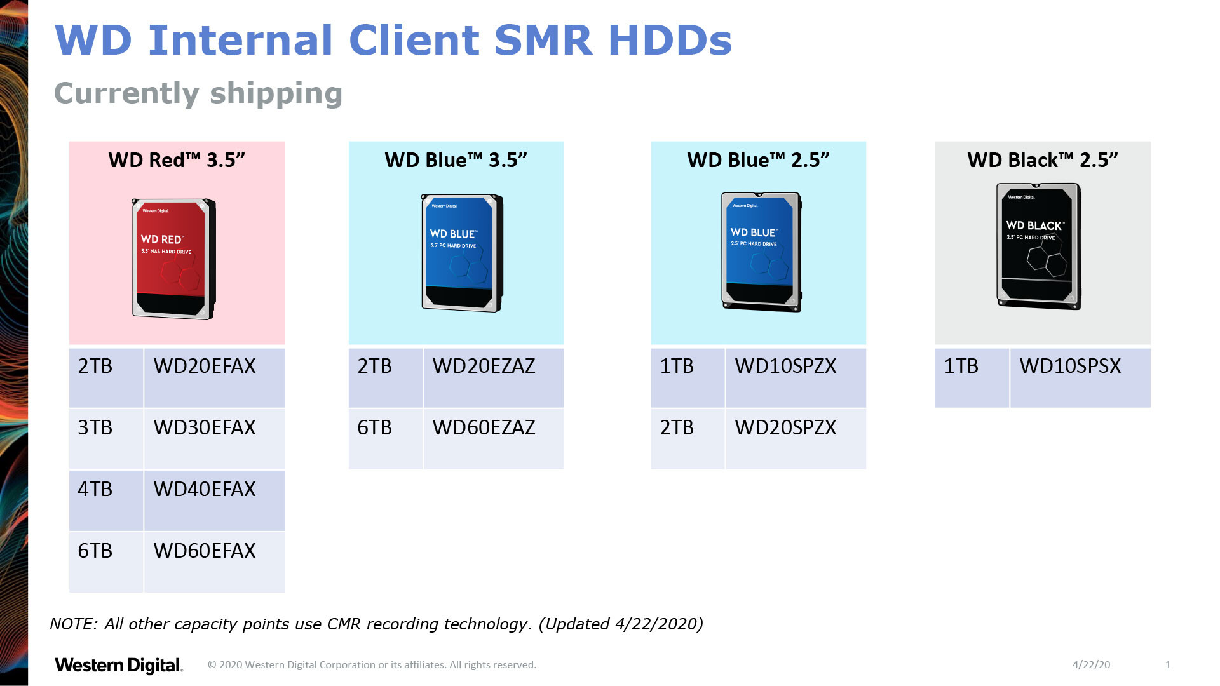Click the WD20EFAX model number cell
214,377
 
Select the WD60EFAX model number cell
214,562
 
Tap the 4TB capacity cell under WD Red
106,501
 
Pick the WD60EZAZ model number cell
494,439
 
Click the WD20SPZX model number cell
796,439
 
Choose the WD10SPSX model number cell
1080,377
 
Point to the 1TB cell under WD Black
972,377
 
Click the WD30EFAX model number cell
214,439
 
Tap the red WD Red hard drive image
173,259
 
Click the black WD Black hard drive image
1039,246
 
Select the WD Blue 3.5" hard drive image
462,253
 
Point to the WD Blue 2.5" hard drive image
761,252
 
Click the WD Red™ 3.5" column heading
177,160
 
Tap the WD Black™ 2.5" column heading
1043,160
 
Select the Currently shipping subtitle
198,93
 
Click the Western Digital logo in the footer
119,665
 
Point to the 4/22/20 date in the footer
1091,664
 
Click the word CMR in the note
344,624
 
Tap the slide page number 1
1168,664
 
